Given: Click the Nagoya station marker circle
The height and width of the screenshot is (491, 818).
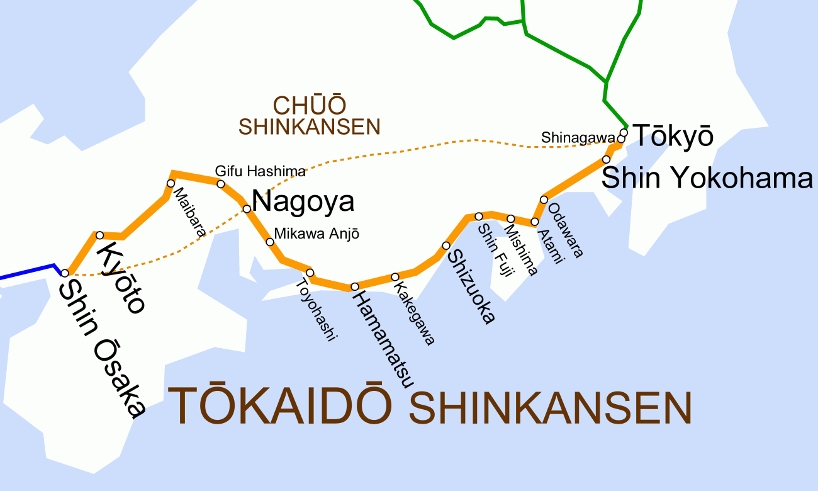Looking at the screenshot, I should (x=247, y=208).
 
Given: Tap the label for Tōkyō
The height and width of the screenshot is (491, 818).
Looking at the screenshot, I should (x=673, y=136).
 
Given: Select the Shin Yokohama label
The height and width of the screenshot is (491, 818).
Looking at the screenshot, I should (x=707, y=178).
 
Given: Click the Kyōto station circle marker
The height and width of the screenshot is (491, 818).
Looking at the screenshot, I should (x=99, y=235).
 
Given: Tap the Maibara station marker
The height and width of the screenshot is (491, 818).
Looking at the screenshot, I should (x=170, y=183).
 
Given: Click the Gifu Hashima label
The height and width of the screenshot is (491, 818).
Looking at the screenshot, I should (x=261, y=171).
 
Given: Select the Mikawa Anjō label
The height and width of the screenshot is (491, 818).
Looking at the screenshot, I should (x=317, y=234).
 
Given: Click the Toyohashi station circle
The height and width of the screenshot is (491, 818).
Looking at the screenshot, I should (x=310, y=273).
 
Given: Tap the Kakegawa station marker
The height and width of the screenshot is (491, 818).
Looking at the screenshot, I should (x=395, y=277).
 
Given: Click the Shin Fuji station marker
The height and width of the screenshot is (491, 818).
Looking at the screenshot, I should (x=479, y=216).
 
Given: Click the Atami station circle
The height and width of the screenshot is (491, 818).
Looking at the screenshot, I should (x=535, y=222).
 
